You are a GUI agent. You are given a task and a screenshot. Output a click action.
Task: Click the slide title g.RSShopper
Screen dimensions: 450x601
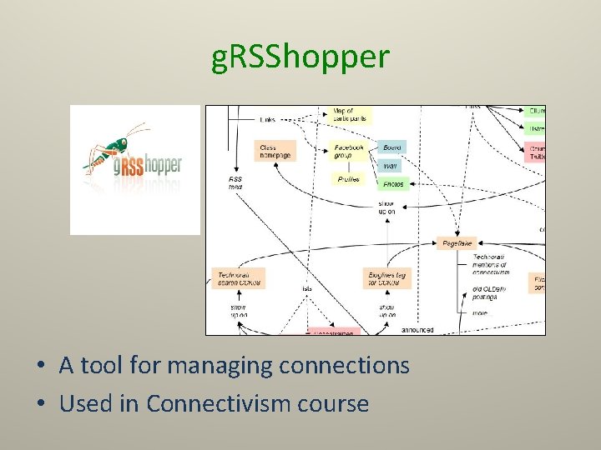(x=300, y=57)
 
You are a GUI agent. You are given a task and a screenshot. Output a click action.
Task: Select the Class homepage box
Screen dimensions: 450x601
(x=275, y=151)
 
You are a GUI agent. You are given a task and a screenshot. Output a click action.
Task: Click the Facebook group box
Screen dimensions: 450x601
(x=349, y=151)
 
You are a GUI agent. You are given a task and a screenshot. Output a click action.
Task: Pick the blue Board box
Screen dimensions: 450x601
(x=391, y=147)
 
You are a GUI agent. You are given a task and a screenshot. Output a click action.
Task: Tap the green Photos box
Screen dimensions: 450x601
(x=393, y=183)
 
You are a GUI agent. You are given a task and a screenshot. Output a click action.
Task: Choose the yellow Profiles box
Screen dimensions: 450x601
(x=349, y=179)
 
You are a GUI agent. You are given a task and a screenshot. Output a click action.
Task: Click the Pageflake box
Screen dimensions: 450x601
(x=458, y=243)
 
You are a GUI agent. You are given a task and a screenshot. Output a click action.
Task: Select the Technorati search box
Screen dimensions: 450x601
(x=239, y=278)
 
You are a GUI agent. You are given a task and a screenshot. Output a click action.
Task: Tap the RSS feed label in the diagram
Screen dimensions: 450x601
(x=236, y=182)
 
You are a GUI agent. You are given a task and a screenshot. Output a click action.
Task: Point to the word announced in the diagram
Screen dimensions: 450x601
(x=417, y=330)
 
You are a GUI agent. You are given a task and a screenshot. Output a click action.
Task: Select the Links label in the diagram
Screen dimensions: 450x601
(x=267, y=120)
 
